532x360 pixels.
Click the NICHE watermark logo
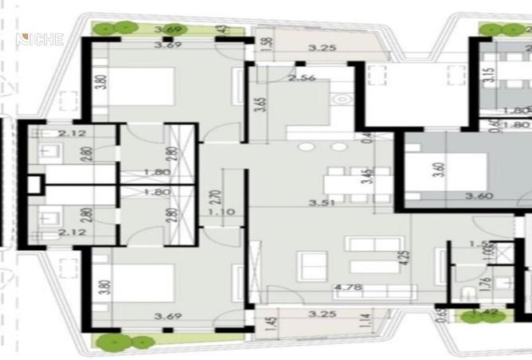(39, 39)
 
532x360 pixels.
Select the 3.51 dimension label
(323, 204)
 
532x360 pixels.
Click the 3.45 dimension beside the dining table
(366, 177)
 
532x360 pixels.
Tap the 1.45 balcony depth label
(262, 324)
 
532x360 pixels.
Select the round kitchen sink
(343, 100)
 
